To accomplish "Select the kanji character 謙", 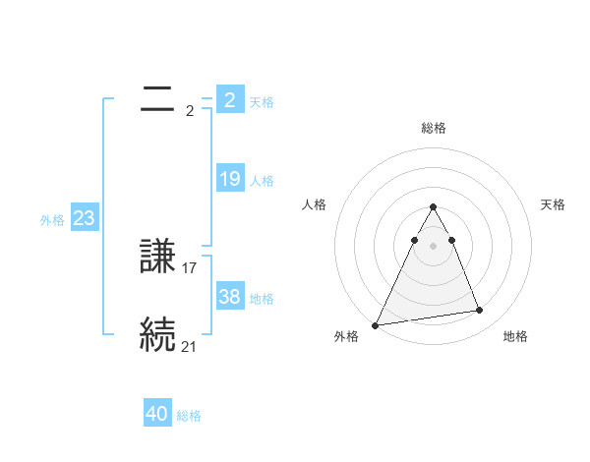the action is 157,258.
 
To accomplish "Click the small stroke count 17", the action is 190,267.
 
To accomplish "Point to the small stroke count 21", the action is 190,346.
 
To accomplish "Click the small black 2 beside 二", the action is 190,111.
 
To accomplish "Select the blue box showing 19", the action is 230,179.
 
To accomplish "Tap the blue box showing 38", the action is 230,297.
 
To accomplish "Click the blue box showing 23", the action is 84,218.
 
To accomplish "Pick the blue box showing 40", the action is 157,414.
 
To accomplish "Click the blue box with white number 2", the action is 230,100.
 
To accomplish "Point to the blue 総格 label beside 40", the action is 189,416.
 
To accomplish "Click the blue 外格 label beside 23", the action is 52,220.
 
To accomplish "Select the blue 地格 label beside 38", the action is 262,299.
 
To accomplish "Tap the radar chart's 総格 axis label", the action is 433,128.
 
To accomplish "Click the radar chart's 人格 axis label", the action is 314,204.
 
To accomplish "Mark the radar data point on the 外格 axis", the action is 376,324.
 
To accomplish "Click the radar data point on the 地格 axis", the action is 480,311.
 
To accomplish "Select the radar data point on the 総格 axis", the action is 433,206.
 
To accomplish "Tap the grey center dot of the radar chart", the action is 433,245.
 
